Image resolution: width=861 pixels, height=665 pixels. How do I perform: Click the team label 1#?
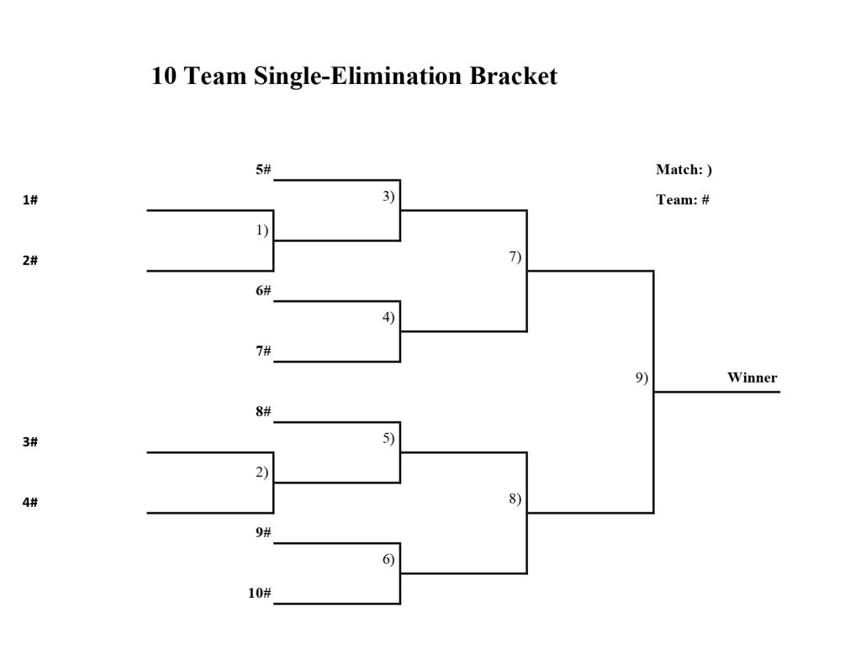click(30, 200)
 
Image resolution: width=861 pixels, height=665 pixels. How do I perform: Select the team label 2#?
click(30, 261)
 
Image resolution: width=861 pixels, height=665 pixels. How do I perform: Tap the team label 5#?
click(263, 170)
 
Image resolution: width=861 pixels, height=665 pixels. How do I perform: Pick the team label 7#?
click(263, 351)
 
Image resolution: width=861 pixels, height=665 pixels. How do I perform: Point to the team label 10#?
click(260, 594)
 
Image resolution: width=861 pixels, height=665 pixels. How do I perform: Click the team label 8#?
click(263, 412)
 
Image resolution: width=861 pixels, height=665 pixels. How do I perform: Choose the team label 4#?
click(30, 503)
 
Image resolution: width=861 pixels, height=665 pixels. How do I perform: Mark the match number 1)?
click(262, 230)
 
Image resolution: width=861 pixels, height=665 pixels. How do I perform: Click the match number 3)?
click(388, 196)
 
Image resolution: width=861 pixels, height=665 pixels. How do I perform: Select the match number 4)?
click(388, 317)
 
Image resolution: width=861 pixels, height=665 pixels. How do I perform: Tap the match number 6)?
click(388, 559)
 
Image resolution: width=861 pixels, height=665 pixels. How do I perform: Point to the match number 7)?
click(515, 256)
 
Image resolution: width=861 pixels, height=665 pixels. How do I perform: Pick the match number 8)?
click(515, 499)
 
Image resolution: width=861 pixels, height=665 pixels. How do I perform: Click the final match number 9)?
click(642, 377)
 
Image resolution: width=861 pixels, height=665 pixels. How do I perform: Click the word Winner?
click(752, 377)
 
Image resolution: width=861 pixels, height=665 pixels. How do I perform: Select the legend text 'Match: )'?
click(684, 170)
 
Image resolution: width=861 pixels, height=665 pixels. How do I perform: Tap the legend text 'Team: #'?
click(683, 200)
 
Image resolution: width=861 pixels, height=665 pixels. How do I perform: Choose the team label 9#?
click(263, 533)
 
